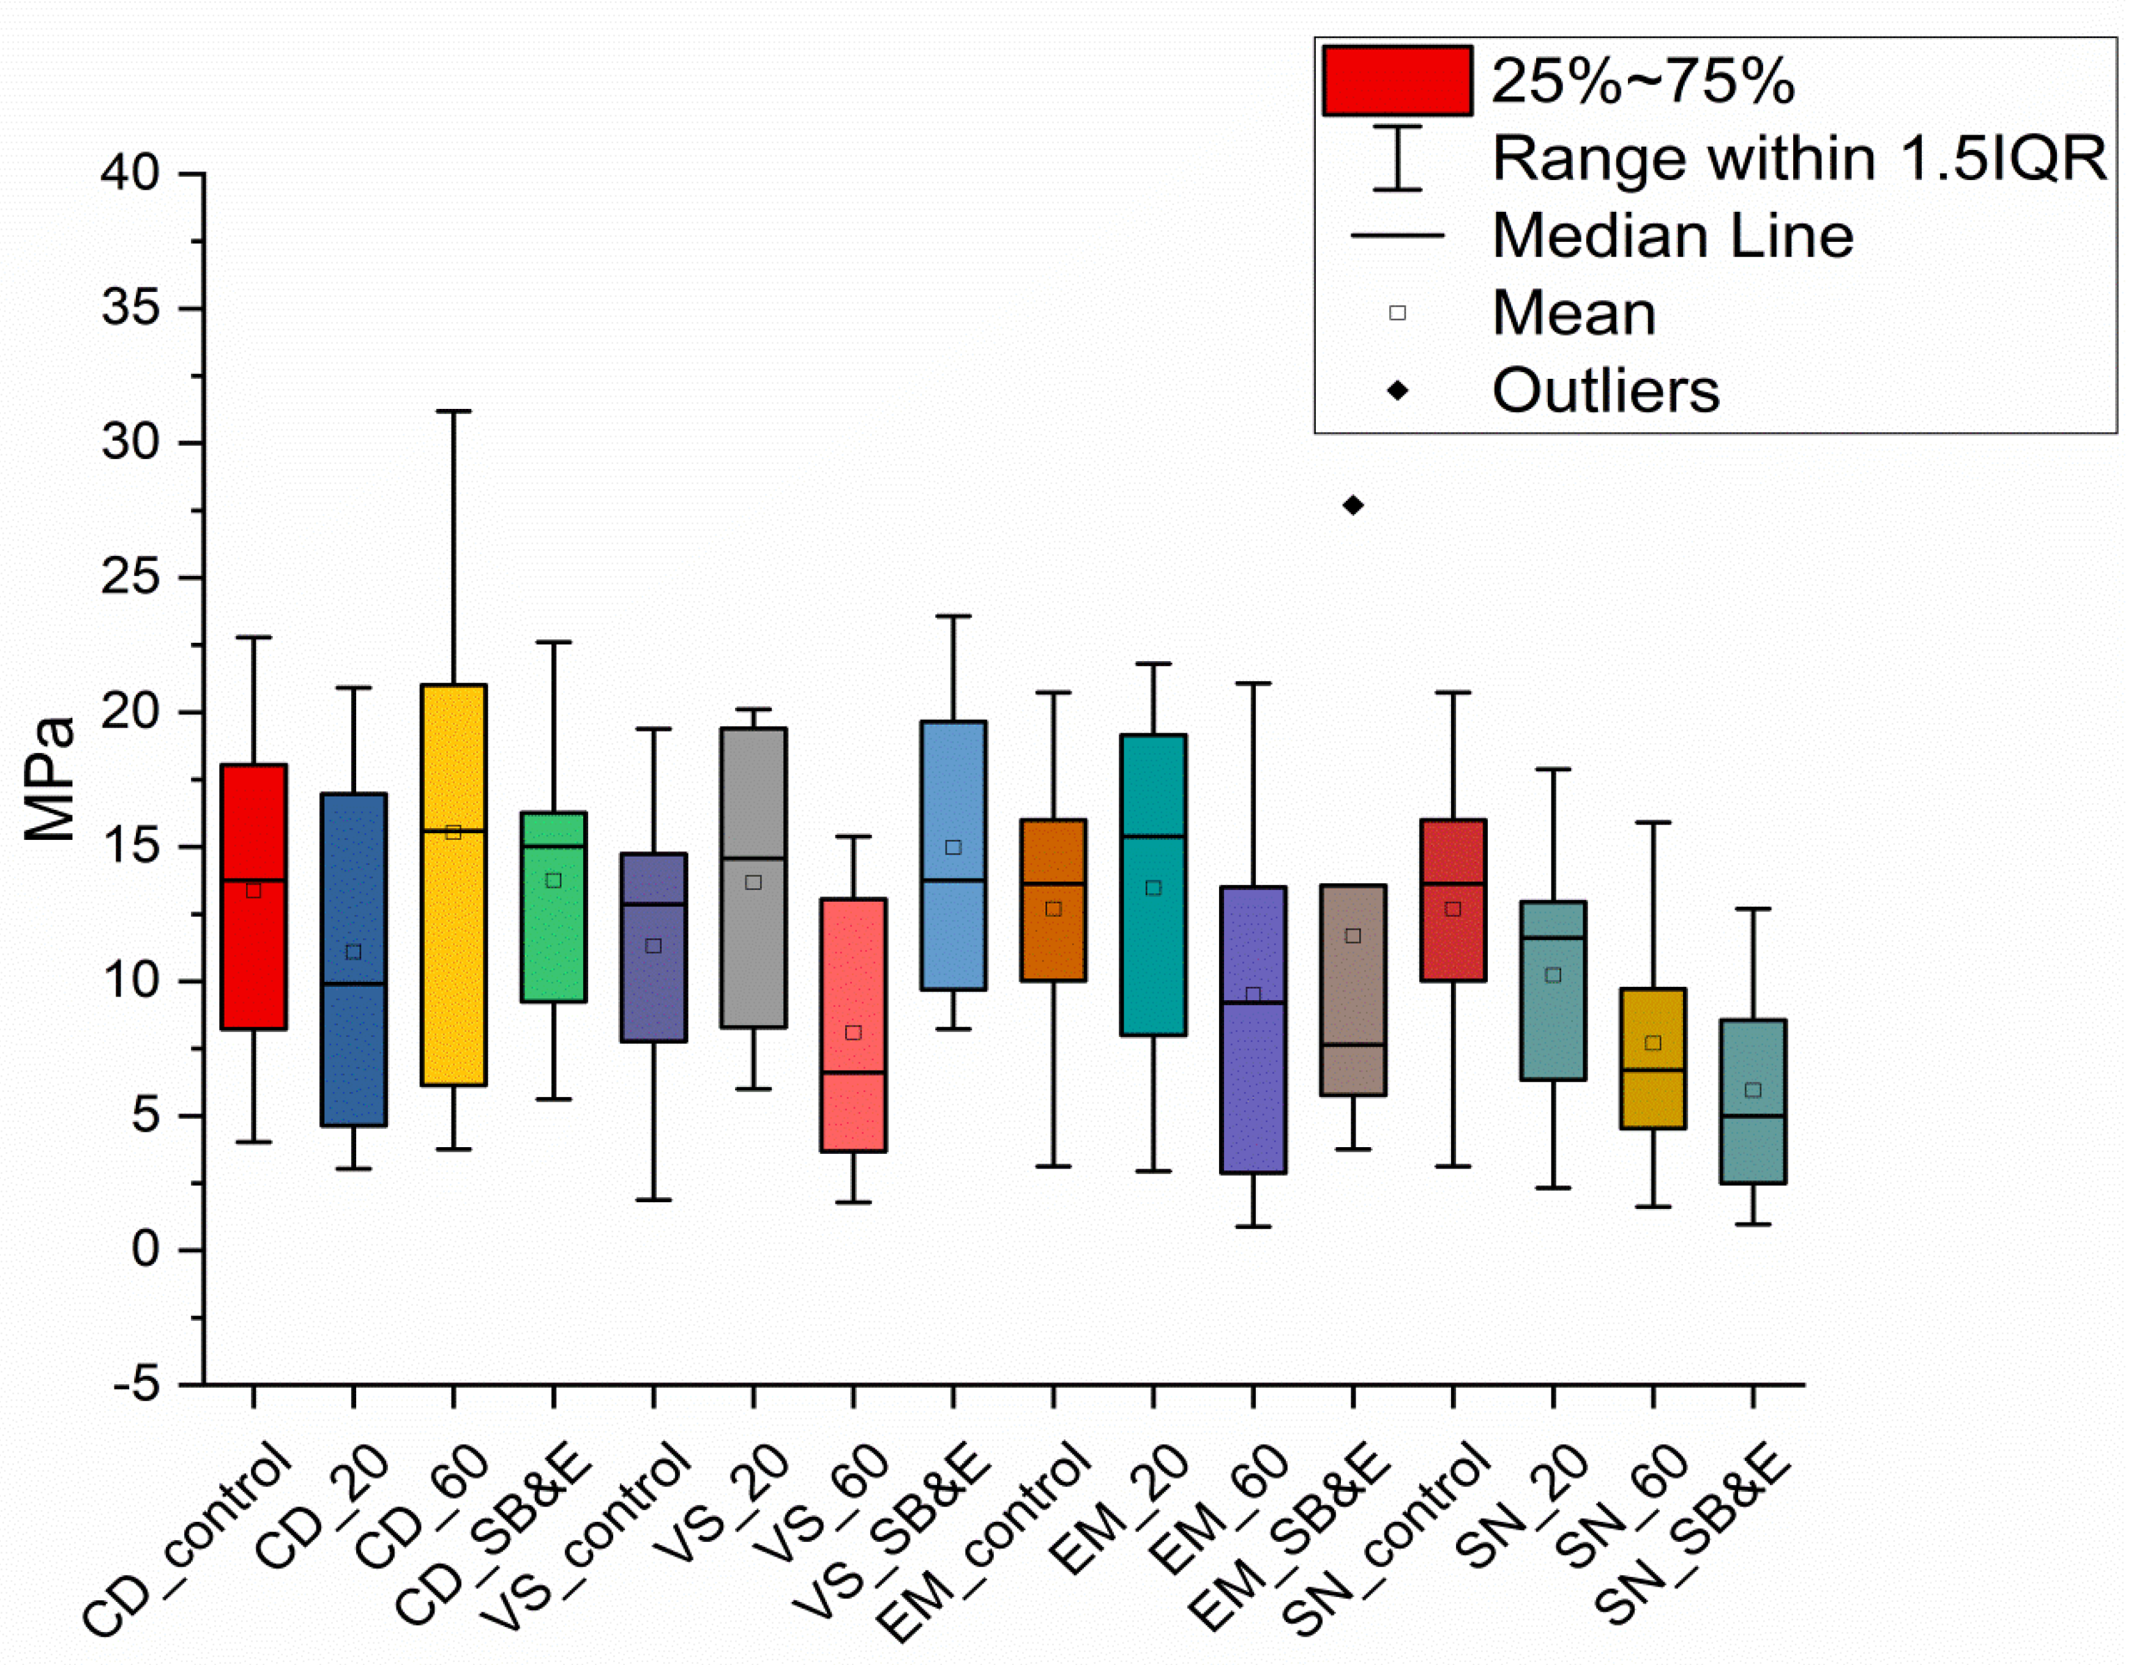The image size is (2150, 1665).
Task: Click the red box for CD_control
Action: (254, 897)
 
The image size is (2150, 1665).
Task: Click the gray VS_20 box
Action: (754, 877)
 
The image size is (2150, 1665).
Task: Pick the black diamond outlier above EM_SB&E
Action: (1354, 505)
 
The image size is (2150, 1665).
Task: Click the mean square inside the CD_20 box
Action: (353, 952)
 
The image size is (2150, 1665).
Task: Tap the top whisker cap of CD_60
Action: (454, 411)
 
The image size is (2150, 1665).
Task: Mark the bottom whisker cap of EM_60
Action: (1253, 1227)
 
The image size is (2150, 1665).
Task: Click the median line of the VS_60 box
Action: (854, 1072)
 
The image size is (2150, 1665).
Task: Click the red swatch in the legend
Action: (1397, 81)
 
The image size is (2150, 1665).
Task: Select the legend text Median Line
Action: (1673, 236)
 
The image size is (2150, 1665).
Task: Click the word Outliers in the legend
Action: (1605, 391)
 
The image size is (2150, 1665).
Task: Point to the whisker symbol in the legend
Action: (1397, 157)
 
